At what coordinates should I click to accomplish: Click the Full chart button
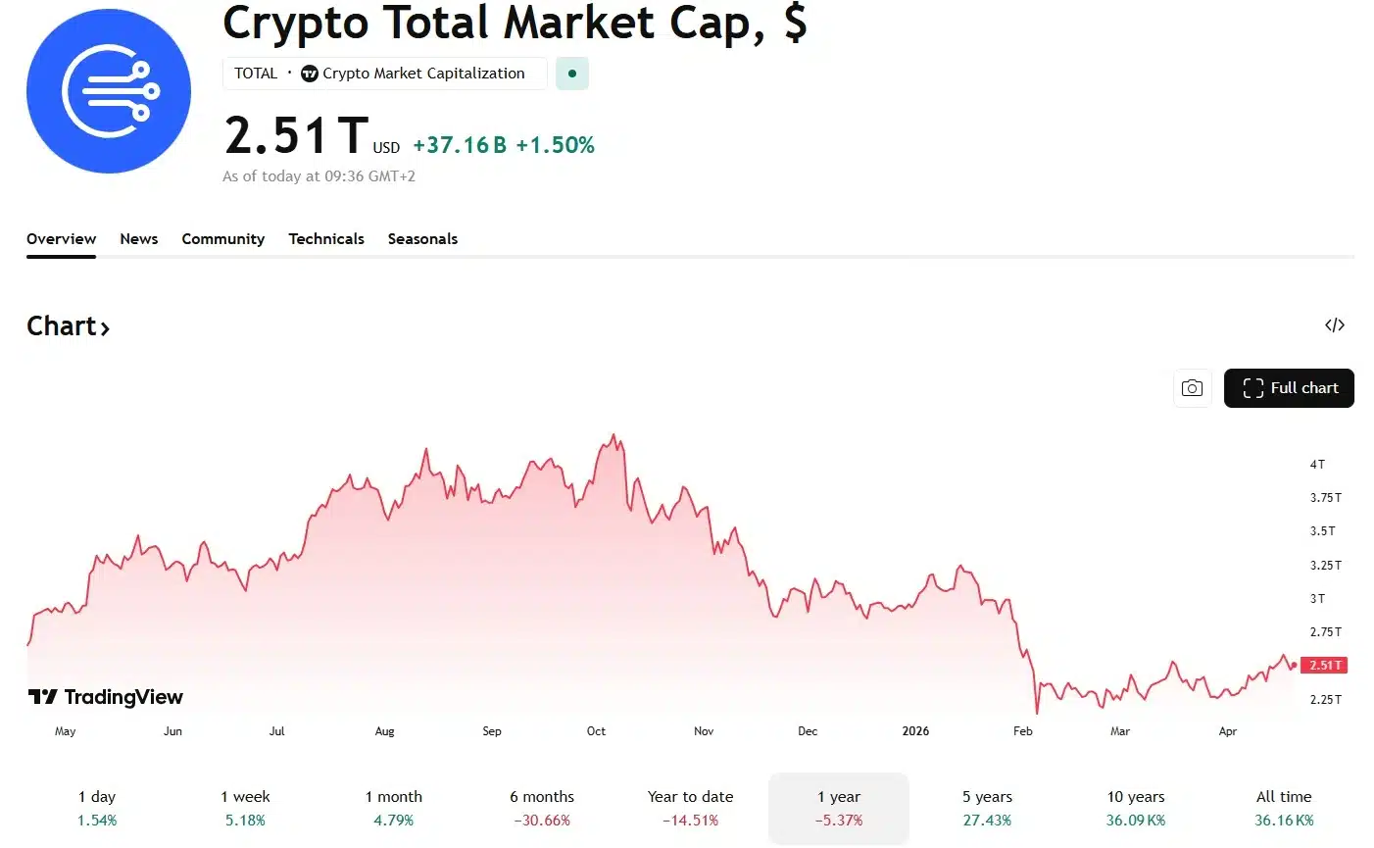[1289, 388]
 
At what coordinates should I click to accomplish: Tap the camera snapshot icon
[1192, 388]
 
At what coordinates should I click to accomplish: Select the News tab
[139, 239]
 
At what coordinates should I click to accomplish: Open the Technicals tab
[326, 239]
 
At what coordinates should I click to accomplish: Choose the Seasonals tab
[422, 239]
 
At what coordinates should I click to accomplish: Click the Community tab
[223, 239]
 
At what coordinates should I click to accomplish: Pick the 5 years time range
[987, 808]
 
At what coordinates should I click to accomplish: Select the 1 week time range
[245, 808]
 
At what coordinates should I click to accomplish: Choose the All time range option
[1284, 808]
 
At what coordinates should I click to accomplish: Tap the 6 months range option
[542, 808]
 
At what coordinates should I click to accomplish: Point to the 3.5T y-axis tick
[1323, 531]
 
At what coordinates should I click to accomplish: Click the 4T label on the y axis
[1317, 465]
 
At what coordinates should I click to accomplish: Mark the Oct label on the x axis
[596, 731]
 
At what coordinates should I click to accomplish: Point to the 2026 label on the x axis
[915, 731]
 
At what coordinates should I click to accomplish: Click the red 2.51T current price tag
[1325, 666]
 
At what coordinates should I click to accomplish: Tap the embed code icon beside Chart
[1335, 325]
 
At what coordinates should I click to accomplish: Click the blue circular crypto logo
[109, 91]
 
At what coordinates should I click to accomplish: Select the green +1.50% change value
[555, 145]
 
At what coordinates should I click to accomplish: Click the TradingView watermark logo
[106, 697]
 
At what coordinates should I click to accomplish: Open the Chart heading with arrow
[68, 326]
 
